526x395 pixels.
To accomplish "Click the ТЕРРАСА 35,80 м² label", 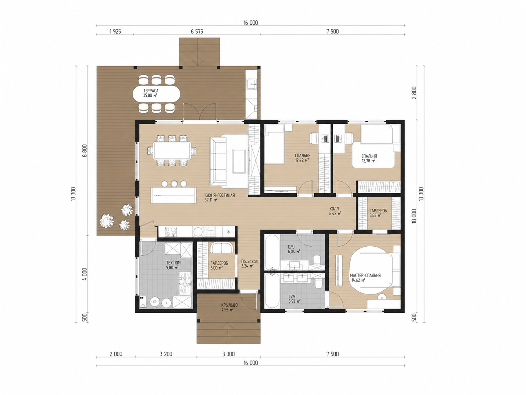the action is tap(151, 93).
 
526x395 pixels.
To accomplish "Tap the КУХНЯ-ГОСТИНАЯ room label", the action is tap(219, 195).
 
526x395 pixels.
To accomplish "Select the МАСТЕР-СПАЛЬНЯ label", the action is tap(365, 276).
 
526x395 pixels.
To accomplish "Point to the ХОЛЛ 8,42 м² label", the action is tap(335, 211).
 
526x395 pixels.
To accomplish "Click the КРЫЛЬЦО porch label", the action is tap(229, 305).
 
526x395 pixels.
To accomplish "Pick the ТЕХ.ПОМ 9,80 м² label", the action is tap(173, 265).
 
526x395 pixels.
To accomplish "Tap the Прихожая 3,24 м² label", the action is tap(249, 264).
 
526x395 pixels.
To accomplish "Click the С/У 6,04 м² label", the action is tap(294, 249).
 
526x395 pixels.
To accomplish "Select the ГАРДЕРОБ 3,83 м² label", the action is tap(378, 213).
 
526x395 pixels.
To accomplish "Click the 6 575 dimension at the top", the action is tap(197, 31).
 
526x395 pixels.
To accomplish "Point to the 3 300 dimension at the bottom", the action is tap(228, 354).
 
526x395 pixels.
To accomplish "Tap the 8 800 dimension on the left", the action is tap(85, 151).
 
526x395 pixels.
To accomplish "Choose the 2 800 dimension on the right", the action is tap(414, 93).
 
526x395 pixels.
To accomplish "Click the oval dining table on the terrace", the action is tap(156, 93).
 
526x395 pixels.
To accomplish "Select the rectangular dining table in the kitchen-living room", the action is tap(172, 151).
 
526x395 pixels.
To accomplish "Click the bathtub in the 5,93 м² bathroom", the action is tap(272, 291).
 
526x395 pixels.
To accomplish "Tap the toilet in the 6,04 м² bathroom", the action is tap(317, 260).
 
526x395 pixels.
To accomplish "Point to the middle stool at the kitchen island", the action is tap(174, 184).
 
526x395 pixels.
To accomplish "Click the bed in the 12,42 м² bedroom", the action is tap(274, 144).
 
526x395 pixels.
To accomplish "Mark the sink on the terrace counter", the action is tap(251, 84).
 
